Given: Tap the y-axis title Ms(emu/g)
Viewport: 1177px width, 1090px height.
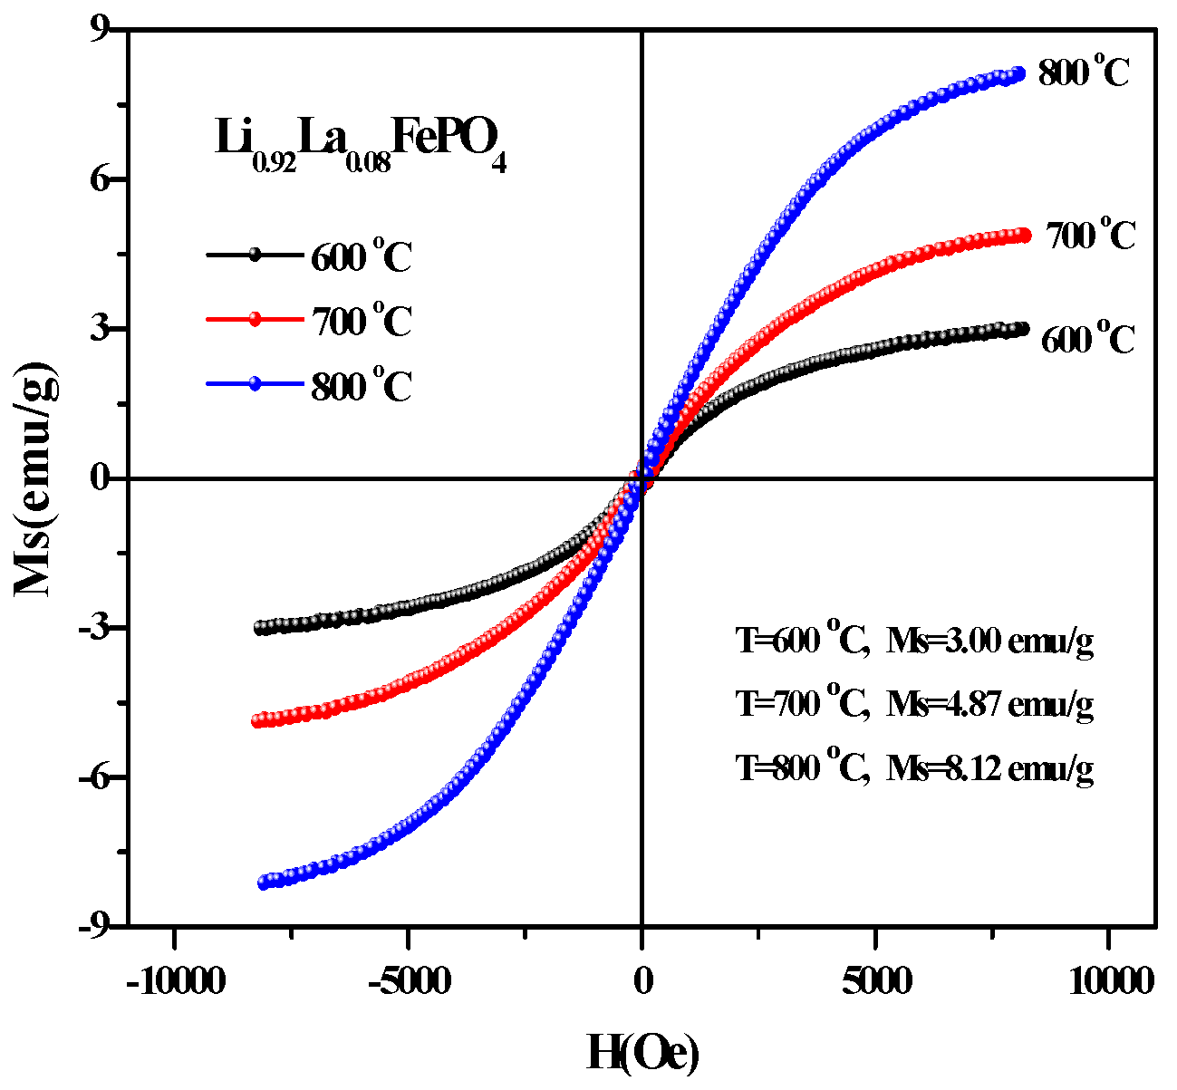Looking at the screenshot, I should [x=38, y=478].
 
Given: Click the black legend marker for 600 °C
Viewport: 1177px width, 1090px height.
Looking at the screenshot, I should [x=255, y=255].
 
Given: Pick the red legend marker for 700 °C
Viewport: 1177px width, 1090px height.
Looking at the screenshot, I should [x=255, y=319].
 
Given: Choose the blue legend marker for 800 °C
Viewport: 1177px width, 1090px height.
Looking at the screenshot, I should [x=255, y=384].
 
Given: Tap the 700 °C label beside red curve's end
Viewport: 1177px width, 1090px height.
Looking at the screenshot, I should [x=1090, y=235].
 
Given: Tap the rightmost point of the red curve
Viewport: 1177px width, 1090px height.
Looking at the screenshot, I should [x=1025, y=235].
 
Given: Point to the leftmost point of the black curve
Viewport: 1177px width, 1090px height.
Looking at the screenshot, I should [x=261, y=627].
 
